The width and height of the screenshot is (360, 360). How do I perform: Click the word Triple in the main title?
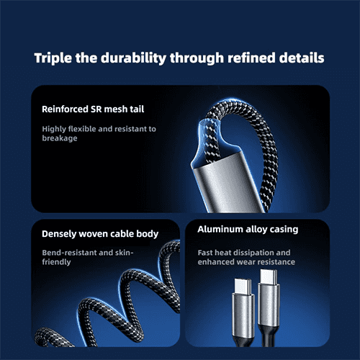[53, 58]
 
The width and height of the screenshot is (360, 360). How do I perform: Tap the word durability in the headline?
[133, 58]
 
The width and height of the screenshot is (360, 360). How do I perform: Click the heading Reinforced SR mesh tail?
[93, 109]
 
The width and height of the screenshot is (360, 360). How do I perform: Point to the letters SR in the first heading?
[96, 109]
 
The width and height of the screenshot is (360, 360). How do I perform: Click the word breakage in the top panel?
[60, 138]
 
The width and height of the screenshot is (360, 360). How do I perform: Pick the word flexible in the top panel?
[82, 129]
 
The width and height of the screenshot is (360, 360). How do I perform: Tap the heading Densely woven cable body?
[100, 234]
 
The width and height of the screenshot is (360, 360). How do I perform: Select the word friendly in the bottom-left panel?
[56, 262]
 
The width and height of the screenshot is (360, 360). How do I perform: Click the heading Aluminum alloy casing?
[248, 230]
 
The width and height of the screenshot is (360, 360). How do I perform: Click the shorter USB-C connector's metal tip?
[243, 287]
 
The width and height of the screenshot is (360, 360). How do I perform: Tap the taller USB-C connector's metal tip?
[269, 277]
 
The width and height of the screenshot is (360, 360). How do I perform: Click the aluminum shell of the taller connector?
[269, 305]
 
